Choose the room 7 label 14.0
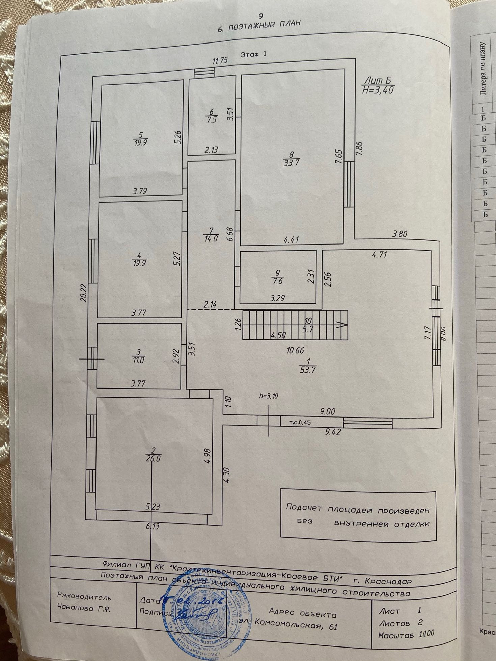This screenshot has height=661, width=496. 212,238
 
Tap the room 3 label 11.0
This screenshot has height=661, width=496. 138,360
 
